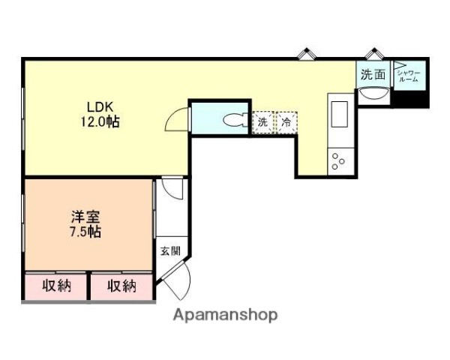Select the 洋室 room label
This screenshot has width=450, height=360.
click(x=83, y=217)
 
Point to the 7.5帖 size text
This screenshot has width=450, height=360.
click(x=83, y=232)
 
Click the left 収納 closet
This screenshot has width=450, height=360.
click(x=56, y=286)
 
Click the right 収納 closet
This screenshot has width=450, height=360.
click(x=121, y=286)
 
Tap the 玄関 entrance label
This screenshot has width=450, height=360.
click(x=168, y=251)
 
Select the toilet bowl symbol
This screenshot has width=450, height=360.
click(x=234, y=119)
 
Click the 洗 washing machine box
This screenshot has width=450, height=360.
click(x=262, y=121)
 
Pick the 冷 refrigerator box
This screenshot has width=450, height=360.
click(x=286, y=121)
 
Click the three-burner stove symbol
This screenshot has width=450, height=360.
click(x=338, y=160)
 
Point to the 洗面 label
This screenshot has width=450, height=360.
click(x=373, y=74)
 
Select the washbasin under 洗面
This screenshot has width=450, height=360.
click(x=373, y=94)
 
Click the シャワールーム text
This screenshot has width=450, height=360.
click(x=410, y=75)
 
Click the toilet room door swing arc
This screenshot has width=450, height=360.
click(x=178, y=120)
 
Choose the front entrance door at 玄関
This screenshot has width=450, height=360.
click(x=176, y=282)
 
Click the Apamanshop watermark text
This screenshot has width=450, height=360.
click(x=225, y=315)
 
